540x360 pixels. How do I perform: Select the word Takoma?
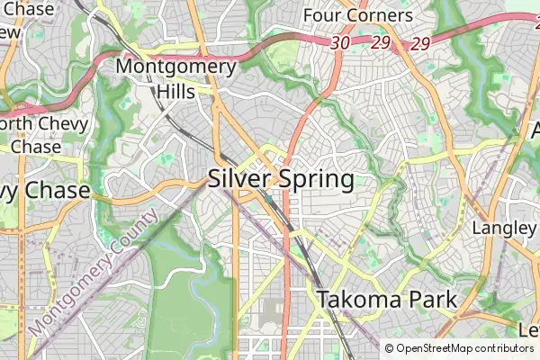click(x=358, y=299)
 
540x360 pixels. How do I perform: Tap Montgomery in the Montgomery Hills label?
click(x=176, y=67)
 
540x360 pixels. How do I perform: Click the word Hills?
click(x=176, y=91)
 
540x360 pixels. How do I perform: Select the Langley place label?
click(x=504, y=228)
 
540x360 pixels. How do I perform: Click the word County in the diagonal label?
click(x=130, y=238)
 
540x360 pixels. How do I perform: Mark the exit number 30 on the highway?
click(x=340, y=42)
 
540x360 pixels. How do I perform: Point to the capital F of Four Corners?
click(x=310, y=15)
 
